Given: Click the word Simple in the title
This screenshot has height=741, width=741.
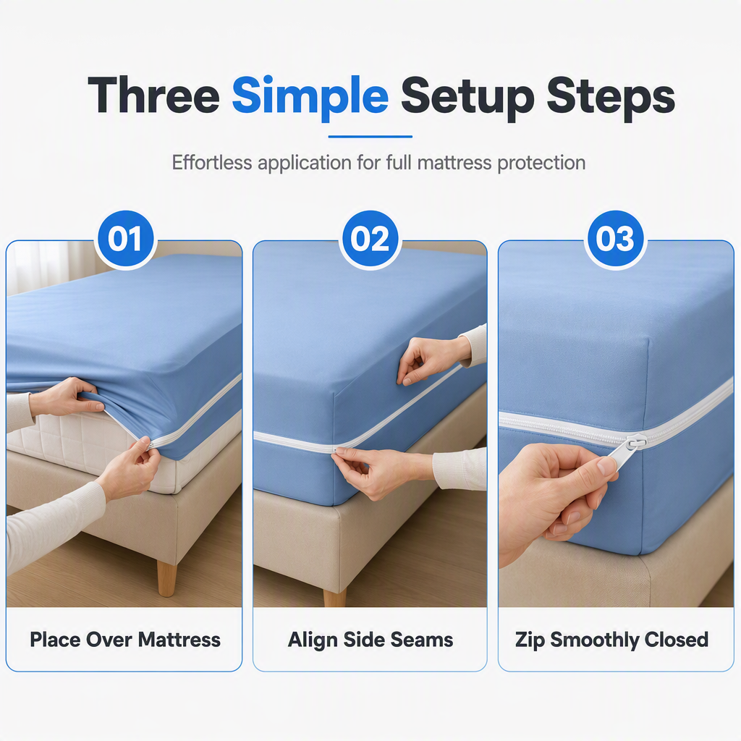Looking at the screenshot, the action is click(x=310, y=98).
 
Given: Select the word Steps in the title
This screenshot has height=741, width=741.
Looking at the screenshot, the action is click(x=611, y=98).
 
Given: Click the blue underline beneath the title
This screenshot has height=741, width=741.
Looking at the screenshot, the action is click(x=370, y=137).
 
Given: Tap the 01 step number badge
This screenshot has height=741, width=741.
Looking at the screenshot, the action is click(x=124, y=239).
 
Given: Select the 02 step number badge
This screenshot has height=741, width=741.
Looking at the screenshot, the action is click(x=370, y=239).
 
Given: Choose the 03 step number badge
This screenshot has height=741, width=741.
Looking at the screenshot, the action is click(x=614, y=239).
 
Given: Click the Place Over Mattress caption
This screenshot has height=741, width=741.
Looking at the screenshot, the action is click(x=124, y=640).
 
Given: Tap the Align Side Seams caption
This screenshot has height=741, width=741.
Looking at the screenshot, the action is click(x=370, y=640).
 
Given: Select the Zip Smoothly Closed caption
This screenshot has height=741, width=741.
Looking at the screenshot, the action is click(x=611, y=640).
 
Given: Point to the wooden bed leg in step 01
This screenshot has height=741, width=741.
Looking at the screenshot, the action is click(x=167, y=578).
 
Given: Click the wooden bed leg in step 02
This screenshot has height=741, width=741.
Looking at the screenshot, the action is click(x=334, y=597).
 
